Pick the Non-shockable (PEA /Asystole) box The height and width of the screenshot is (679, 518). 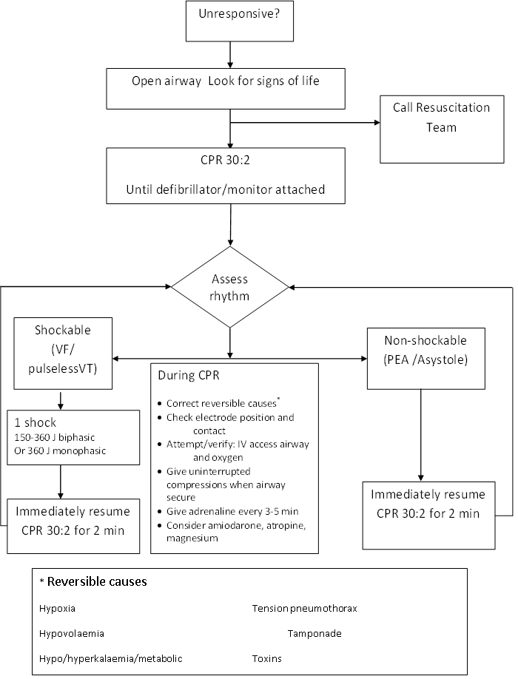coord(425,359)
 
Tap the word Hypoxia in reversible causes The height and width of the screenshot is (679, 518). coord(57,609)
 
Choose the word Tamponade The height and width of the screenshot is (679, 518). coord(314,633)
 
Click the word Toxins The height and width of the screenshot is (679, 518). coord(266,658)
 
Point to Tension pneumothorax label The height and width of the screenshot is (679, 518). coord(304,609)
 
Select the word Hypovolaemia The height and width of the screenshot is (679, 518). coord(72,633)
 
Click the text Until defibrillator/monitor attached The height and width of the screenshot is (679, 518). coord(226,189)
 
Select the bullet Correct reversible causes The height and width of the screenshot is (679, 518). coord(221,403)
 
